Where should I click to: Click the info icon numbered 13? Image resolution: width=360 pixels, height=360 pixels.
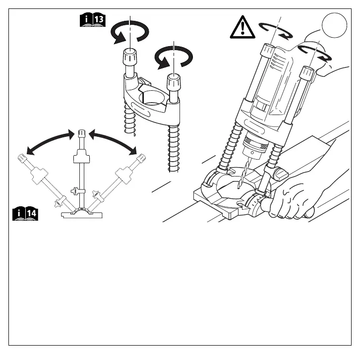coord(92,21)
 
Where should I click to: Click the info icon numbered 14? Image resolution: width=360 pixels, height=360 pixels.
coord(26,214)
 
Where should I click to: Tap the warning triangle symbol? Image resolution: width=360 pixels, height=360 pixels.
coord(242,29)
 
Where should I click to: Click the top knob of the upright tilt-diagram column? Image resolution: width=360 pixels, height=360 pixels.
coord(81,134)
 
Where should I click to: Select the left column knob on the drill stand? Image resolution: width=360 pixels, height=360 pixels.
coord(268,51)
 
